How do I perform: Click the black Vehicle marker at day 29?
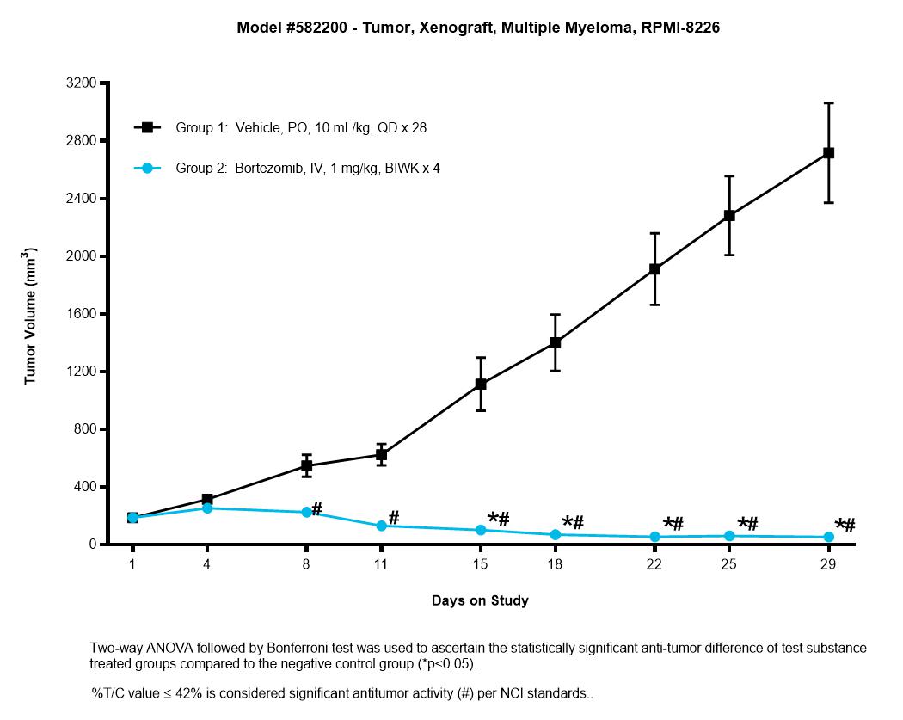coord(829,152)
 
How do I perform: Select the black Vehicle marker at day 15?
coord(481,384)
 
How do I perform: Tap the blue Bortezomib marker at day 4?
coord(207,508)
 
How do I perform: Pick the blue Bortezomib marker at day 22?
coord(654,537)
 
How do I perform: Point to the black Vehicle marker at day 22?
coord(654,268)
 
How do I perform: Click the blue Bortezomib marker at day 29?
coord(829,537)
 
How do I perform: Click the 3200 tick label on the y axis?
coord(81,83)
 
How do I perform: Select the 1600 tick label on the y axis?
coord(81,314)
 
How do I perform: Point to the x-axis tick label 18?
coord(555,564)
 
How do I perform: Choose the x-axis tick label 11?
coord(381,564)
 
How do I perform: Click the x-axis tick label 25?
coord(729,564)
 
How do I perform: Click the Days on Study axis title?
coord(480,600)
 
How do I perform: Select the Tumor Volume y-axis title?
coord(30,317)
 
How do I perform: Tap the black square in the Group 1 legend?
coord(147,127)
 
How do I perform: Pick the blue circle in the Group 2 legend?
coord(147,169)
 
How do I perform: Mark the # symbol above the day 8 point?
coord(316,509)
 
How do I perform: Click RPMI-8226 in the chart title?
coord(680,28)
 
